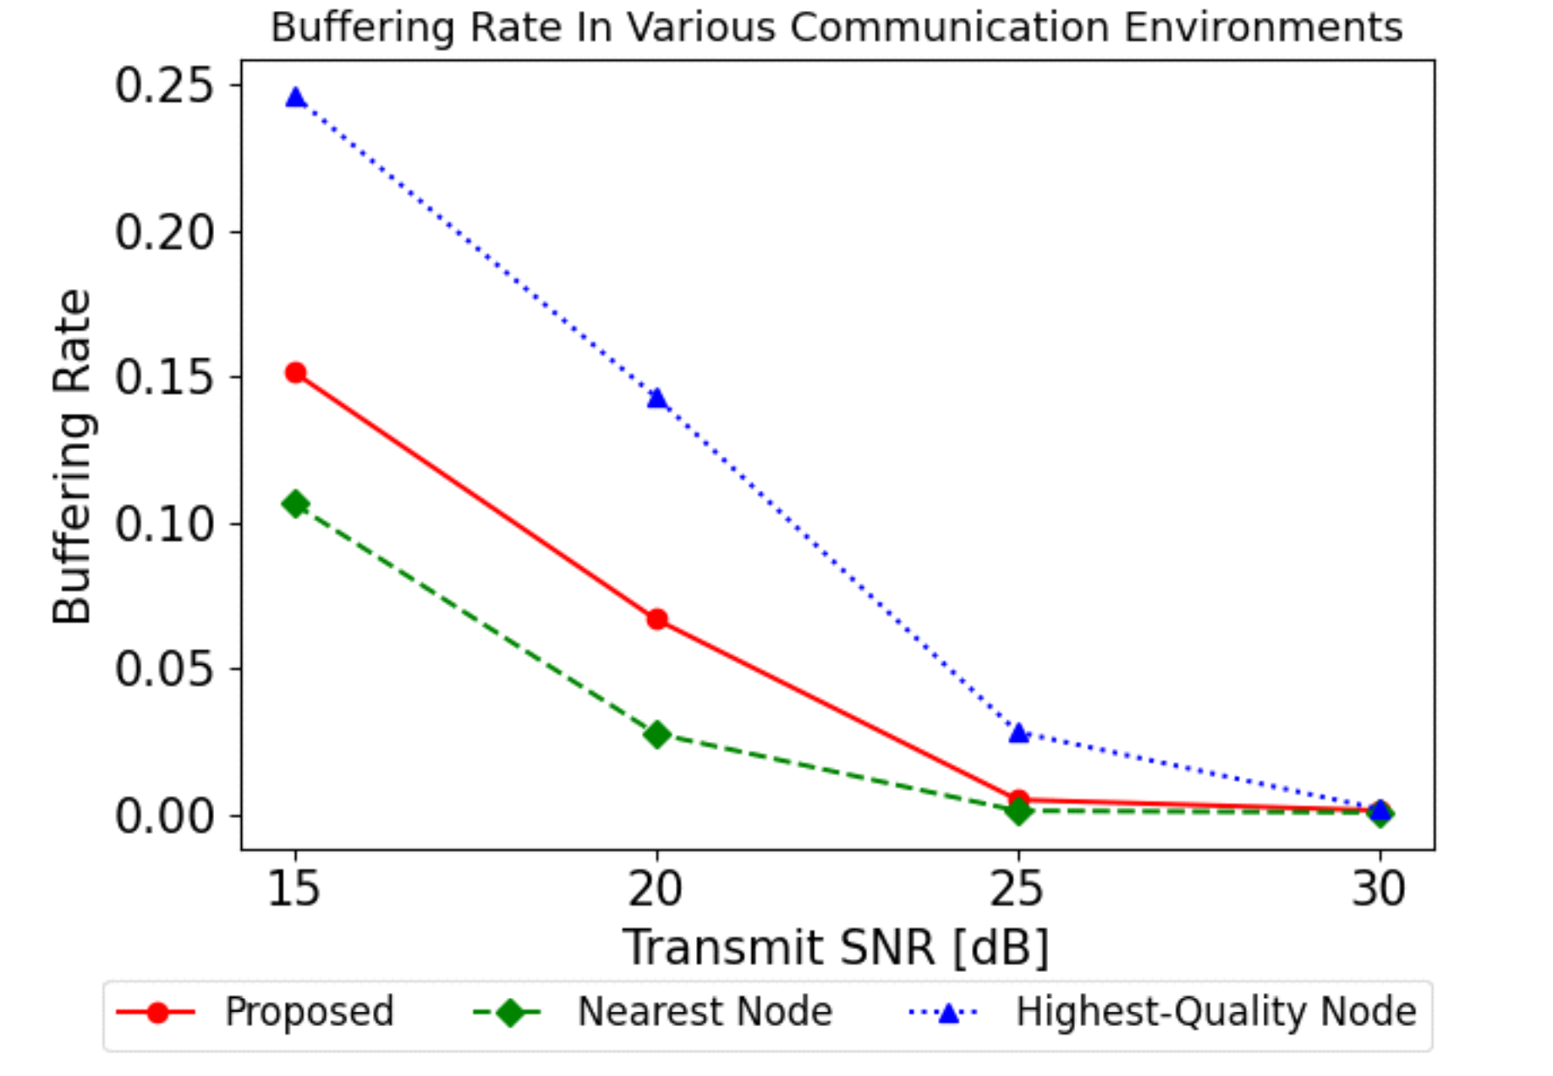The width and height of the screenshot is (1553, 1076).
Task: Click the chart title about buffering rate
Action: (836, 27)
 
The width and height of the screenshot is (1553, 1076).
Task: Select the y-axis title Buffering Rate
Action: (72, 457)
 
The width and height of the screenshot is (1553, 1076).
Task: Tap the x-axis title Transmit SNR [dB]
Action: (836, 947)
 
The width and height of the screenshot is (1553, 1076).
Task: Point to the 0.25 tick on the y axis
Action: (164, 85)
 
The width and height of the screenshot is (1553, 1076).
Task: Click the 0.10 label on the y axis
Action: (164, 524)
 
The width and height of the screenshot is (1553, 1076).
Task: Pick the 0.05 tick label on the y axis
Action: (164, 669)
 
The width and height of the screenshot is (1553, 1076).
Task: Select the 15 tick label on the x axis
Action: (294, 889)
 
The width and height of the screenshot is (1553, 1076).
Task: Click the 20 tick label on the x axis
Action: (656, 889)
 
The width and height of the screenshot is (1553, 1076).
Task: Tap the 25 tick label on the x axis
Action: (1018, 889)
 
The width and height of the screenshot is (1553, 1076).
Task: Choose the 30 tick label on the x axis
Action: (1380, 889)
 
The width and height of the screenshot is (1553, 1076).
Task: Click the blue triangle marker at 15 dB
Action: (295, 97)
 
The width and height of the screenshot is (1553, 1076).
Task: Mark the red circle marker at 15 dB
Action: (295, 373)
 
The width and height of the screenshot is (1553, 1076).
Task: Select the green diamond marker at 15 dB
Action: (295, 504)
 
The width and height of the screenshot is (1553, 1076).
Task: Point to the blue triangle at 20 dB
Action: (657, 398)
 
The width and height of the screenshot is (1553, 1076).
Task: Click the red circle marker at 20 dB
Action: (657, 619)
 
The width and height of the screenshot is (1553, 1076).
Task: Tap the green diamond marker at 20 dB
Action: (657, 734)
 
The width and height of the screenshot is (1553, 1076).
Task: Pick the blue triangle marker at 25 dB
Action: (1019, 733)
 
